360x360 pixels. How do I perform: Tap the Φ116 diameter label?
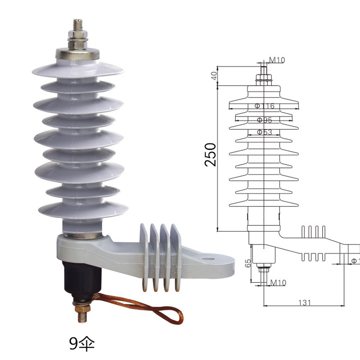(x=264, y=106)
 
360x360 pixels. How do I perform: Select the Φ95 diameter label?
(x=264, y=120)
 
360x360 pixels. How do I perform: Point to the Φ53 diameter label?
(x=264, y=132)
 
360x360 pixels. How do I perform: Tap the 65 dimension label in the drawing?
(x=247, y=262)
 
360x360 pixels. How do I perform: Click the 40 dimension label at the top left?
(x=214, y=76)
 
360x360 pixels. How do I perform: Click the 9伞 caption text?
(x=82, y=343)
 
